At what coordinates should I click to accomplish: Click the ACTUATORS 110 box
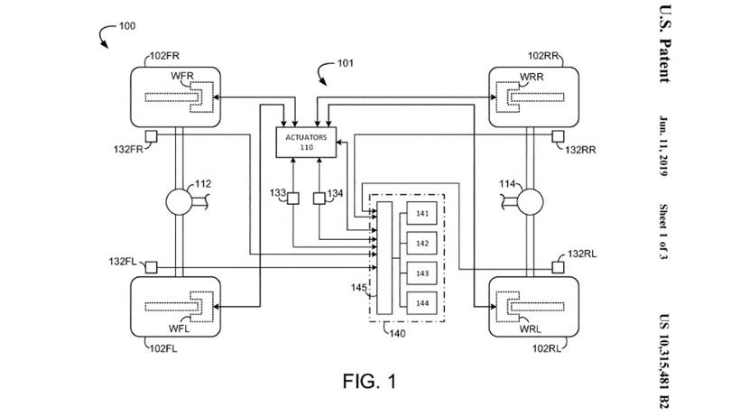[306, 141]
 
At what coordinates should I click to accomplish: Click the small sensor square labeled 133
[294, 199]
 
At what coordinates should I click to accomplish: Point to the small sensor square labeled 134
[319, 199]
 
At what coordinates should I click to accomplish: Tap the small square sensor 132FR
[151, 135]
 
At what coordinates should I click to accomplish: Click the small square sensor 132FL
[151, 266]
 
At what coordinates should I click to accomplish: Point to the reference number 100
[127, 26]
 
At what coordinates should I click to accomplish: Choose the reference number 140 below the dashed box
[397, 333]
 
